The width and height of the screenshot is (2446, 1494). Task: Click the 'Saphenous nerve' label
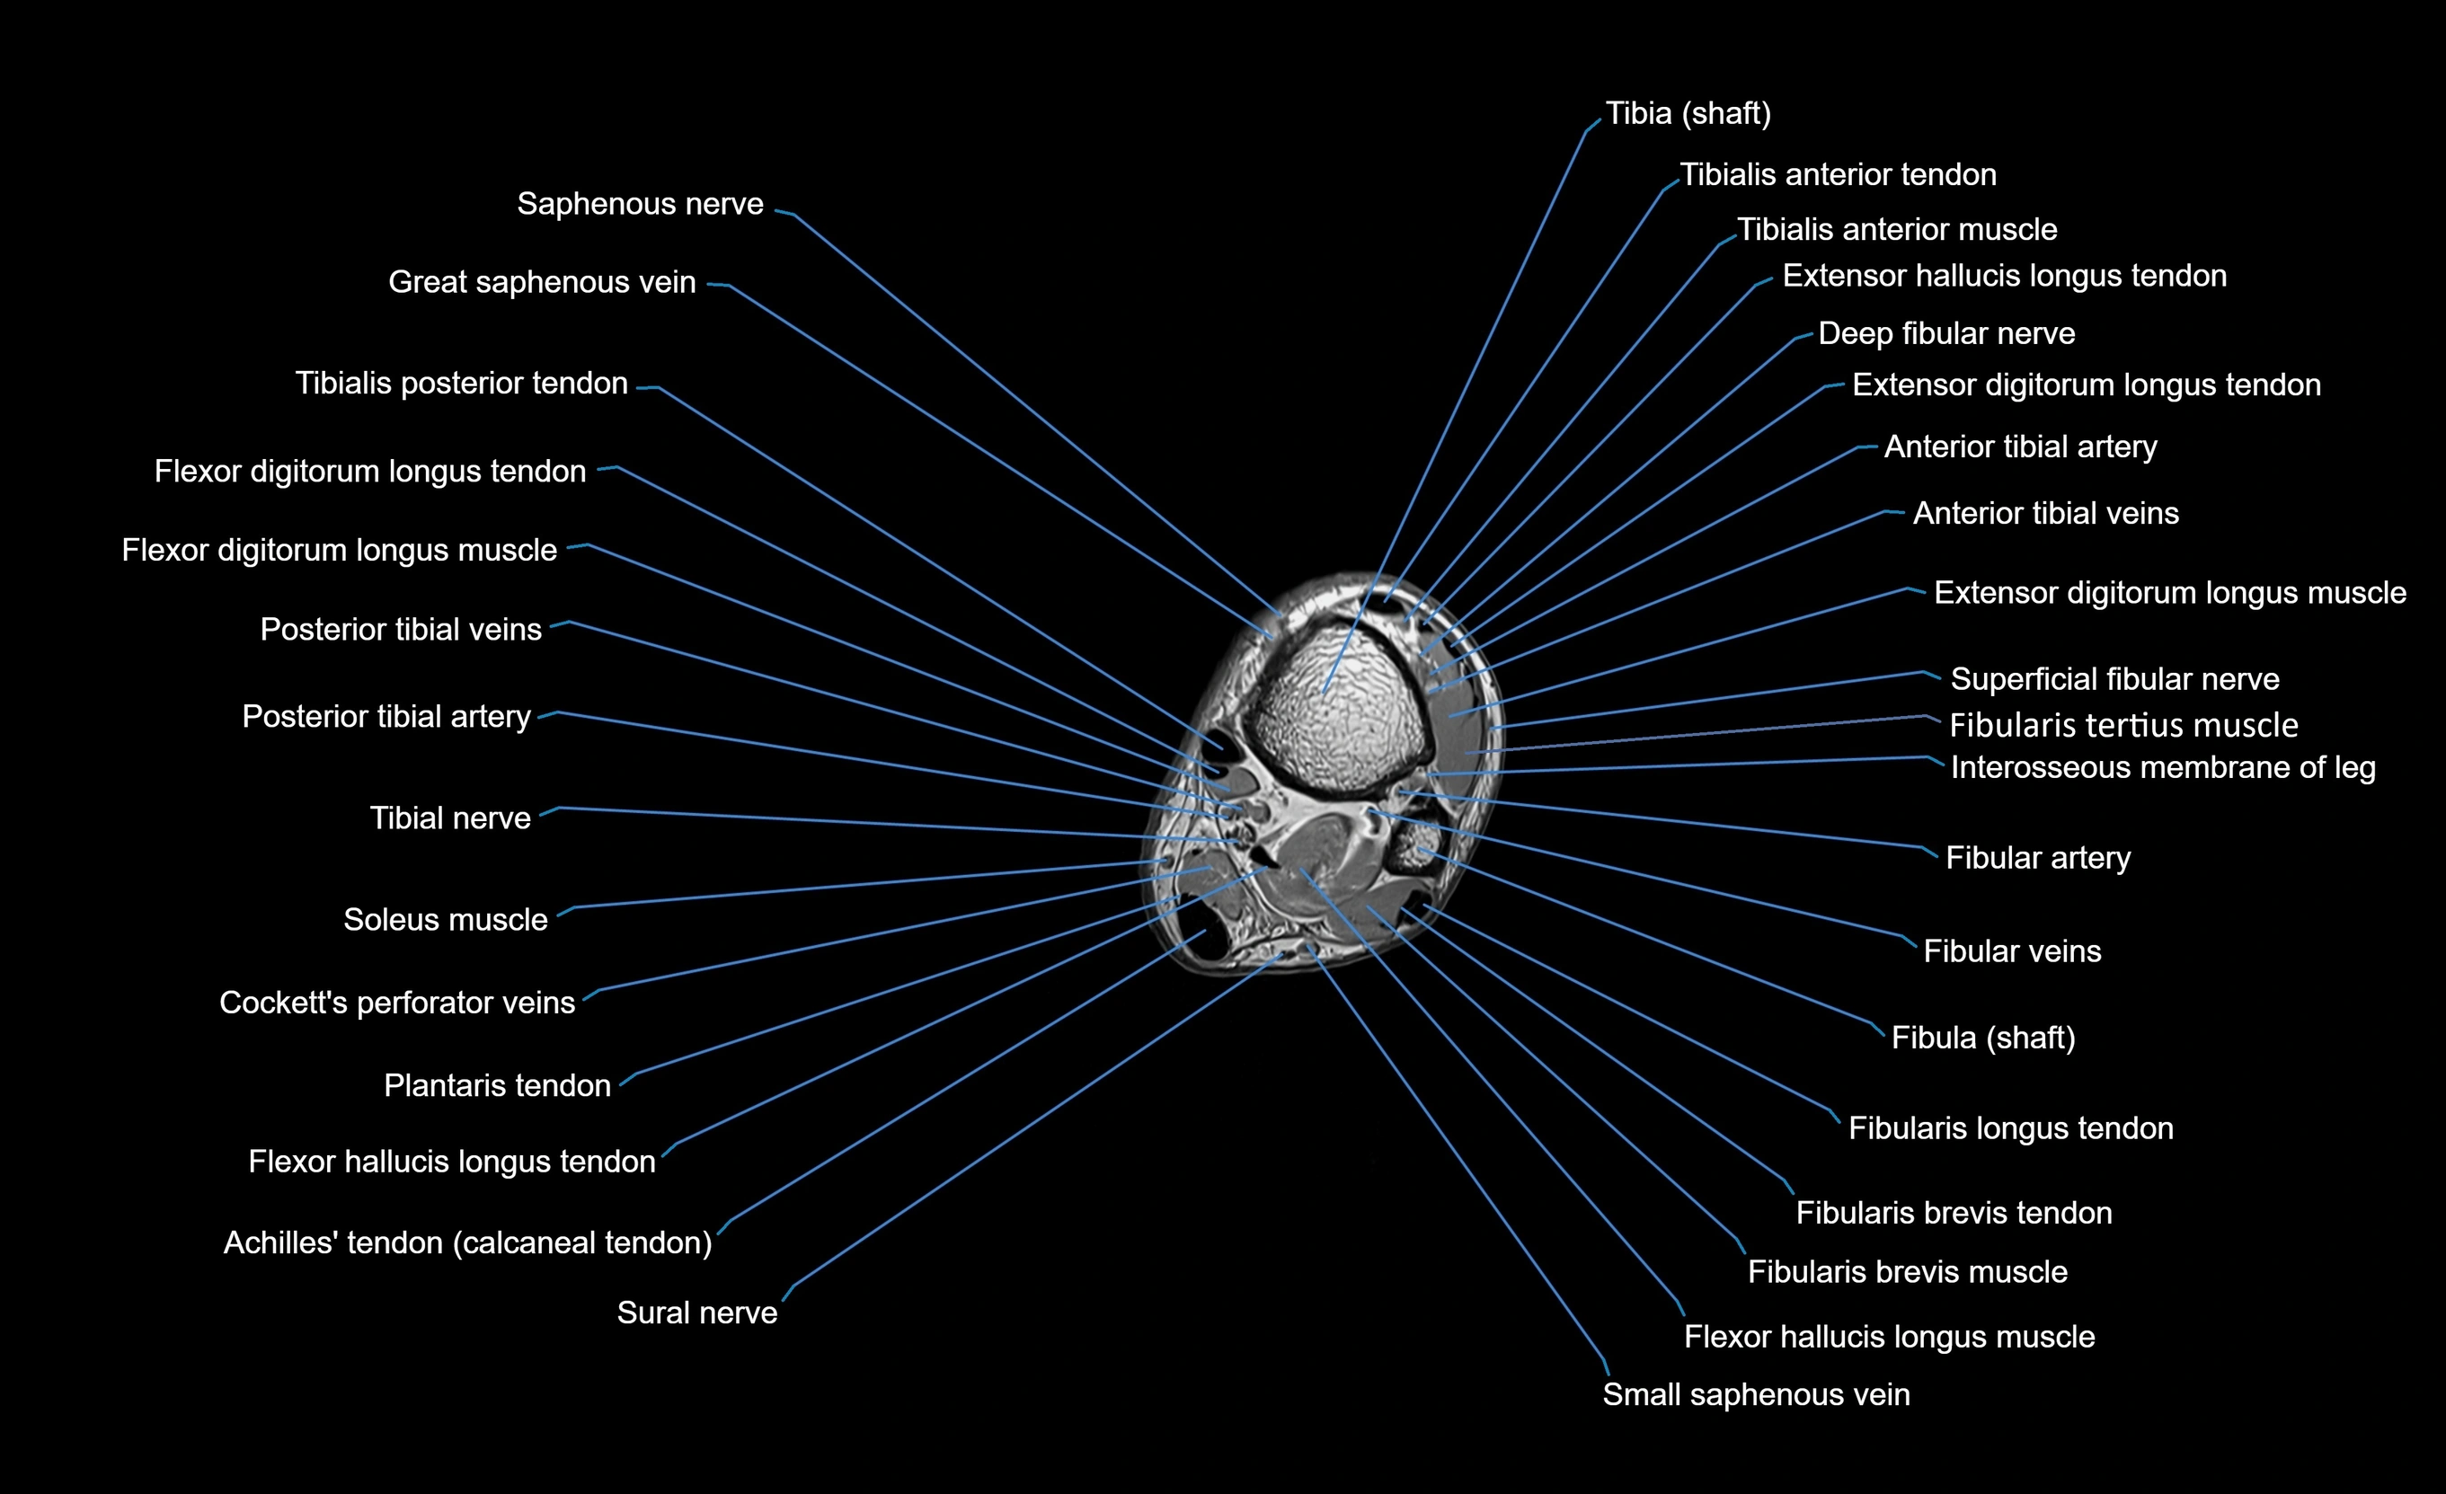pyautogui.click(x=641, y=204)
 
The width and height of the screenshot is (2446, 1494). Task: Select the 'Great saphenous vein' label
pyautogui.click(x=541, y=282)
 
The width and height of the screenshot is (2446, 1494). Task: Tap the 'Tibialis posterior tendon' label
pyautogui.click(x=462, y=384)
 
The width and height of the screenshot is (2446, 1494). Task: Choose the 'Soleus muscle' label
pyautogui.click(x=445, y=919)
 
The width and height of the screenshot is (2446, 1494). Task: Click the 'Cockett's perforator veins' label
pyautogui.click(x=397, y=1003)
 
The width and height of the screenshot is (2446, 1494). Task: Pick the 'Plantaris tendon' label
pyautogui.click(x=496, y=1085)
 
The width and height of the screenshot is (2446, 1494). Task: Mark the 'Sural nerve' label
pyautogui.click(x=697, y=1313)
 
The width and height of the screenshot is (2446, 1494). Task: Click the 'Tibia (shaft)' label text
pyautogui.click(x=1688, y=113)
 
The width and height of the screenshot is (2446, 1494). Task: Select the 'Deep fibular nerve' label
pyautogui.click(x=1945, y=333)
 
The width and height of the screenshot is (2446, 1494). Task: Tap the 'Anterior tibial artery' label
pyautogui.click(x=2020, y=446)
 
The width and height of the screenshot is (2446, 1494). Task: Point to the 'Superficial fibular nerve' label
pyautogui.click(x=2114, y=679)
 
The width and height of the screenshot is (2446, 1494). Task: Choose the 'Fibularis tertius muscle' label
pyautogui.click(x=2123, y=725)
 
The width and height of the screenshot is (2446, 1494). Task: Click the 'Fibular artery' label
pyautogui.click(x=2037, y=858)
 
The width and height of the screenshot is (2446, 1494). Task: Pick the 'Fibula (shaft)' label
pyautogui.click(x=1982, y=1038)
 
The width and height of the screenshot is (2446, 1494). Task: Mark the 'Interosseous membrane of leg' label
pyautogui.click(x=2162, y=767)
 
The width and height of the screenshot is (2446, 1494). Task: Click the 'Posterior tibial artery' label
pyautogui.click(x=386, y=717)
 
